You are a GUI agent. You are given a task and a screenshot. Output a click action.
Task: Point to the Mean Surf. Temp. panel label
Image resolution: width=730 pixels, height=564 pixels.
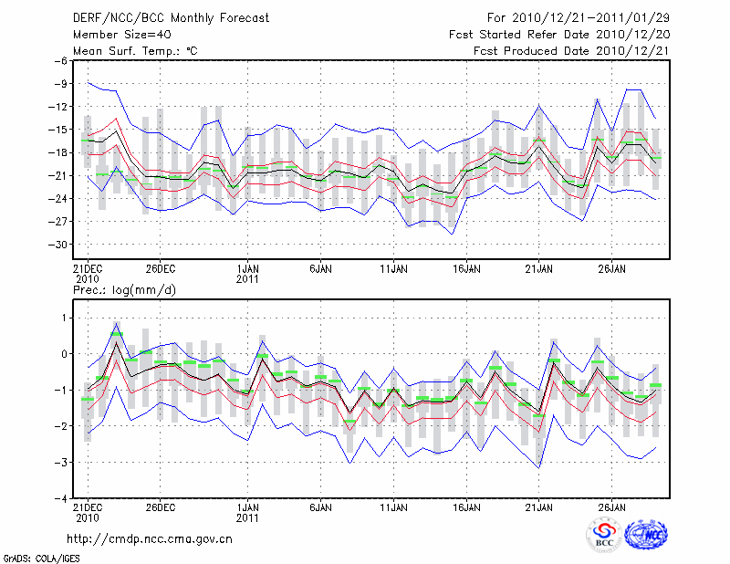click(135, 51)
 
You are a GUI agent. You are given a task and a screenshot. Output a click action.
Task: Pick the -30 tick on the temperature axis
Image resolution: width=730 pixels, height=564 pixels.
click(60, 245)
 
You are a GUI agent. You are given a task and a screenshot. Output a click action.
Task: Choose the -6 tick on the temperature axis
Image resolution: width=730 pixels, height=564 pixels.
click(63, 60)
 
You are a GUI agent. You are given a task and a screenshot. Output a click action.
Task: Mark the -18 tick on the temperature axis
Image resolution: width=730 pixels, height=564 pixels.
click(60, 152)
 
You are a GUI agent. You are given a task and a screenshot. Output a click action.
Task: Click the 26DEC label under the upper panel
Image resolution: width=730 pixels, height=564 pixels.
click(161, 269)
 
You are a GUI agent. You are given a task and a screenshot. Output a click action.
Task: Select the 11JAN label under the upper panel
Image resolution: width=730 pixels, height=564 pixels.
click(393, 269)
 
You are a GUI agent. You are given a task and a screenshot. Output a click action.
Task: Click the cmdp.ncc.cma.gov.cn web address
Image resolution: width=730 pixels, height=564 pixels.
click(151, 539)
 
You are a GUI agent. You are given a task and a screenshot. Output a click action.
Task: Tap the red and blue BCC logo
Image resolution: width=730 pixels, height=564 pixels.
click(603, 535)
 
